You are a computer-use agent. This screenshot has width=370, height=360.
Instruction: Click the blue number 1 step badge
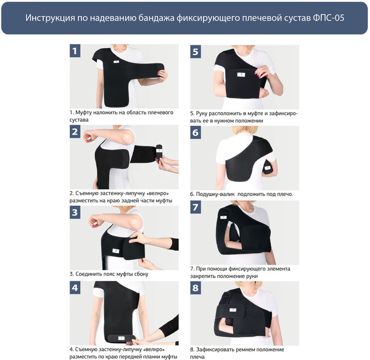(x=75, y=51)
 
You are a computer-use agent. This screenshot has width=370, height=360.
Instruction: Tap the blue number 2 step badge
(x=75, y=132)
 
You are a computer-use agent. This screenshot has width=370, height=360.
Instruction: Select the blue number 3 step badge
(x=75, y=212)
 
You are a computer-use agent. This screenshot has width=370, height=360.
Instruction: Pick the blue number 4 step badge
(x=75, y=288)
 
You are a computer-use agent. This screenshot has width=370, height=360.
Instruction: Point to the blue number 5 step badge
(x=196, y=52)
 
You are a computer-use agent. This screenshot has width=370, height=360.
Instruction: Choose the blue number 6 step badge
(x=196, y=133)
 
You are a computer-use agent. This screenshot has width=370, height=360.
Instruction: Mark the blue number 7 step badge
(x=196, y=207)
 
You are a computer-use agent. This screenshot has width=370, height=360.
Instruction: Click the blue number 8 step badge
(x=196, y=288)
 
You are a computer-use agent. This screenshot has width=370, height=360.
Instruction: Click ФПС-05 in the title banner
(x=328, y=18)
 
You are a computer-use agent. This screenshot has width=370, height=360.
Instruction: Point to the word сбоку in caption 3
(x=141, y=274)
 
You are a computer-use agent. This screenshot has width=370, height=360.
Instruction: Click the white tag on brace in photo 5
(x=241, y=74)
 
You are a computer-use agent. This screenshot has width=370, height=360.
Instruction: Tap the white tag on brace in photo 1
(x=116, y=62)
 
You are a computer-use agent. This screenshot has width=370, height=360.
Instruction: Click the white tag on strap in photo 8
(x=233, y=310)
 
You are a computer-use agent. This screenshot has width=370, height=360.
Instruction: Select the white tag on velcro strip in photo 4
(x=121, y=338)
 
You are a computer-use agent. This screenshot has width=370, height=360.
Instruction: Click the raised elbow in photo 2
(x=129, y=134)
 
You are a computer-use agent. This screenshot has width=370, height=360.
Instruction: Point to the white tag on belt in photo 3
(x=116, y=251)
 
